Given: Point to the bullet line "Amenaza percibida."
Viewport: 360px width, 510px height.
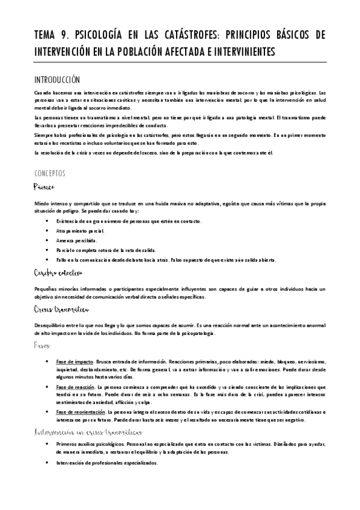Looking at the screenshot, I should click(x=79, y=240).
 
